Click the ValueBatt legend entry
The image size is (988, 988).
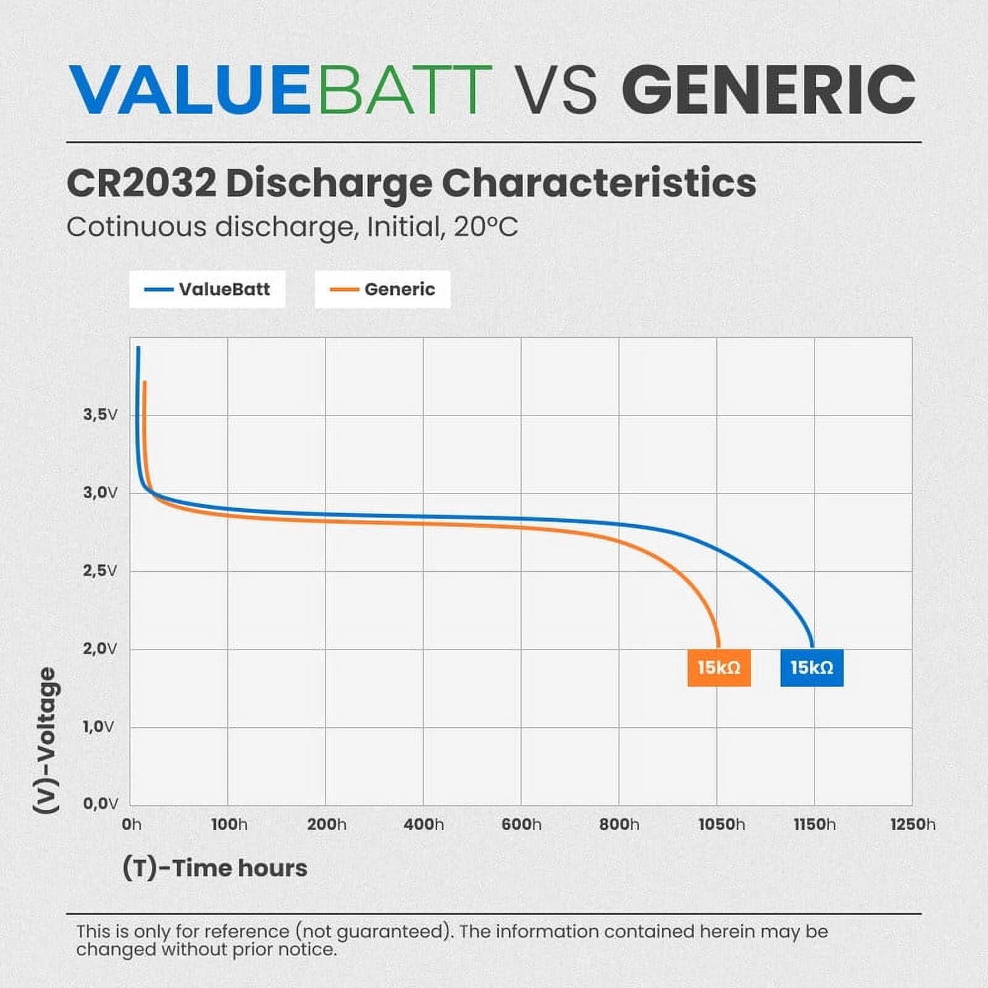pos(207,289)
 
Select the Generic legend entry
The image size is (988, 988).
pos(383,289)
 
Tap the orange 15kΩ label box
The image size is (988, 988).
pos(719,668)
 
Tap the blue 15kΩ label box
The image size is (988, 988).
pos(811,668)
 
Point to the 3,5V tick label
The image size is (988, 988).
pos(100,414)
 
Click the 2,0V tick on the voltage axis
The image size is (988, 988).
pos(100,648)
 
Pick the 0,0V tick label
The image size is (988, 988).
pos(100,803)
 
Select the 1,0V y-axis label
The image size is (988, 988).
pos(99,726)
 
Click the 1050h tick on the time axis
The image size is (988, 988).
pos(721,824)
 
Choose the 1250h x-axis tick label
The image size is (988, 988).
pos(913,824)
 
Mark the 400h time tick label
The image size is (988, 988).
pos(424,824)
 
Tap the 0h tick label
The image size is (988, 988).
pos(132,824)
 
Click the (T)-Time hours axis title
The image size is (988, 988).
pos(215,868)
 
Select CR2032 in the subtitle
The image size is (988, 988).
pos(141,183)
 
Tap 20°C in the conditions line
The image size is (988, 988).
pos(485,227)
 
